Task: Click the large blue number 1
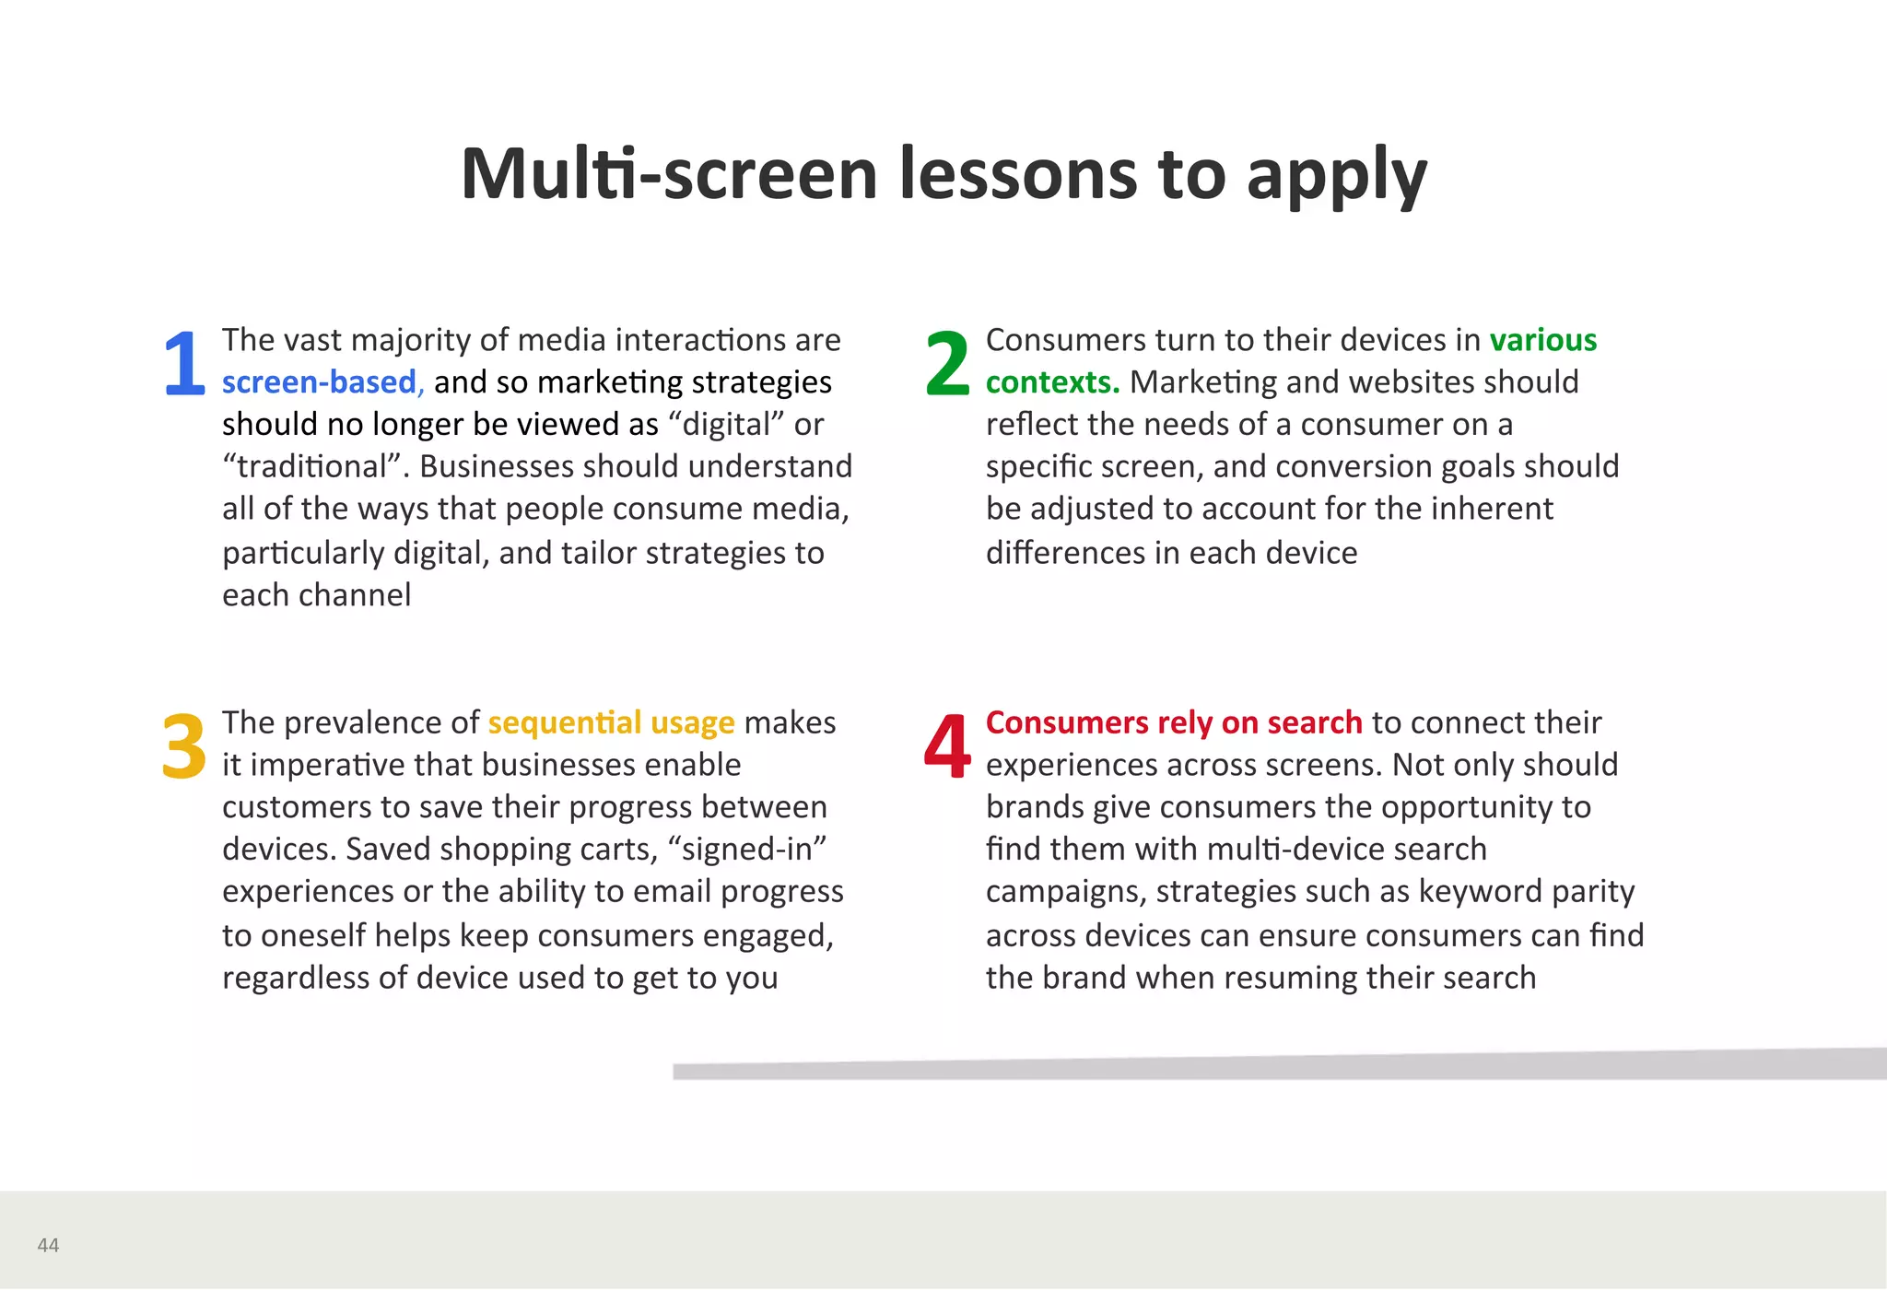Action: (184, 363)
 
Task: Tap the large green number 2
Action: (947, 363)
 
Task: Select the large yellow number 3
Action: (183, 745)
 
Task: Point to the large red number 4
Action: (947, 745)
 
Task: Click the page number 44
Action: (48, 1245)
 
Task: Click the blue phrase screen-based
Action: (320, 382)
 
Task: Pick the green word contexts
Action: (1052, 382)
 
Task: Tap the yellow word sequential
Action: (564, 722)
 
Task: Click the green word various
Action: (1542, 340)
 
